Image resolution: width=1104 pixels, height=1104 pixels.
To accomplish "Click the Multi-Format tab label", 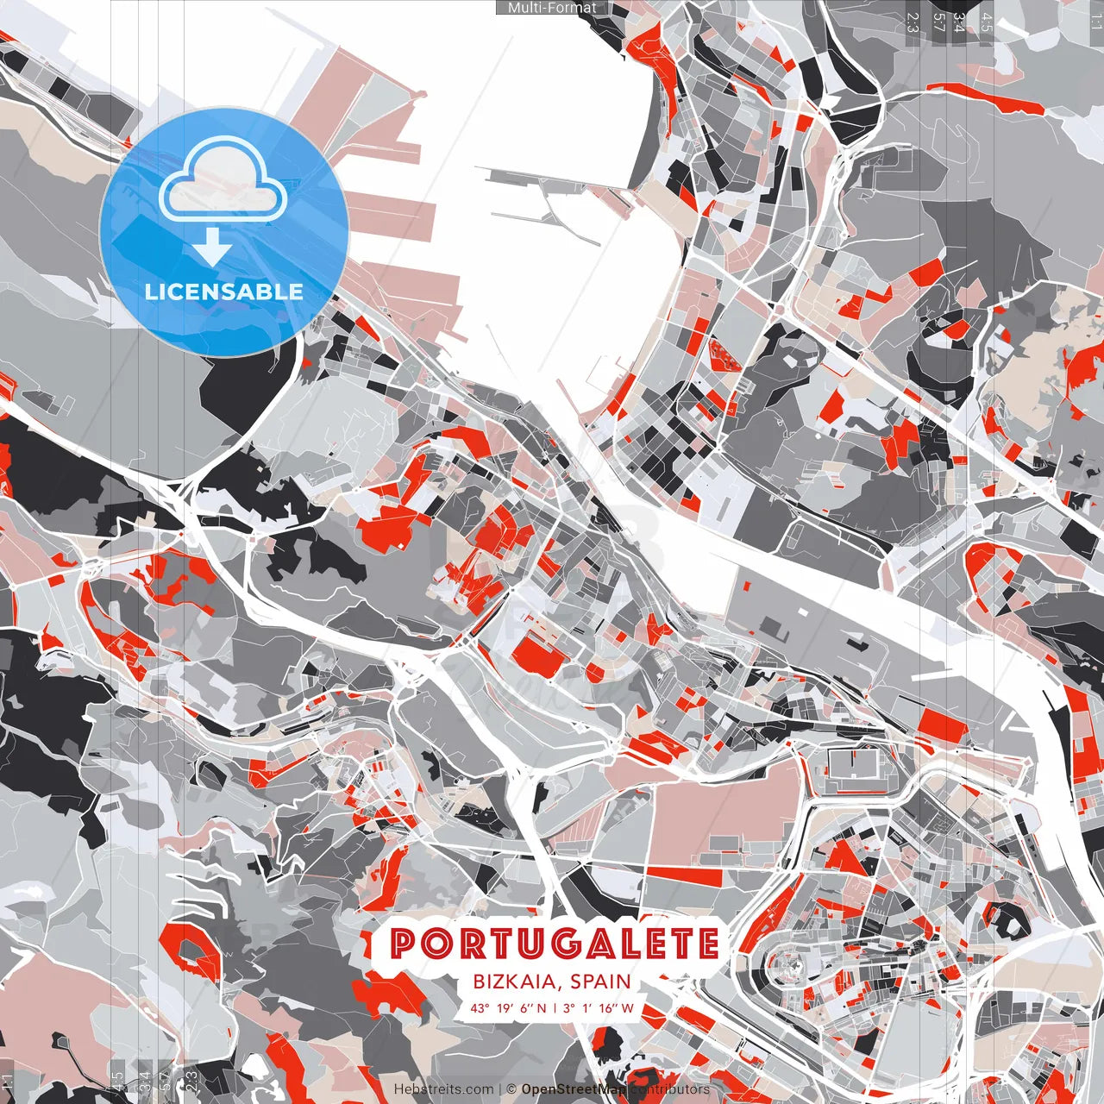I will (552, 8).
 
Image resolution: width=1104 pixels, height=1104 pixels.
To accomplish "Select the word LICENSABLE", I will (224, 292).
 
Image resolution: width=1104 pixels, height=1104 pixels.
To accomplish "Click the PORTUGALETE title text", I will (555, 944).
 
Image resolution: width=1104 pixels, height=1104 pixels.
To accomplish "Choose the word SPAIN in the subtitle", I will (599, 982).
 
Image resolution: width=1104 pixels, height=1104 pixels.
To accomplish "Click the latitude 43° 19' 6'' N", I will (509, 1007).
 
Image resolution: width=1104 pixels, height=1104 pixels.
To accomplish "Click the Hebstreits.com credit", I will (444, 1089).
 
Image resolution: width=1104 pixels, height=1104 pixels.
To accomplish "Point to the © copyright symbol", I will (511, 1089).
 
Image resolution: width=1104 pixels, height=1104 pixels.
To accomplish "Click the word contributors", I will (670, 1089).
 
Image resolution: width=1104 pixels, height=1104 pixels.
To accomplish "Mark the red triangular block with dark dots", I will (724, 354).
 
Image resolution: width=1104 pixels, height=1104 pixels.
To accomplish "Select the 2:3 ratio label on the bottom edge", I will (191, 1078).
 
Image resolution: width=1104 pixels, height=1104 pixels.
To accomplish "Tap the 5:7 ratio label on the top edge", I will (939, 22).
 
